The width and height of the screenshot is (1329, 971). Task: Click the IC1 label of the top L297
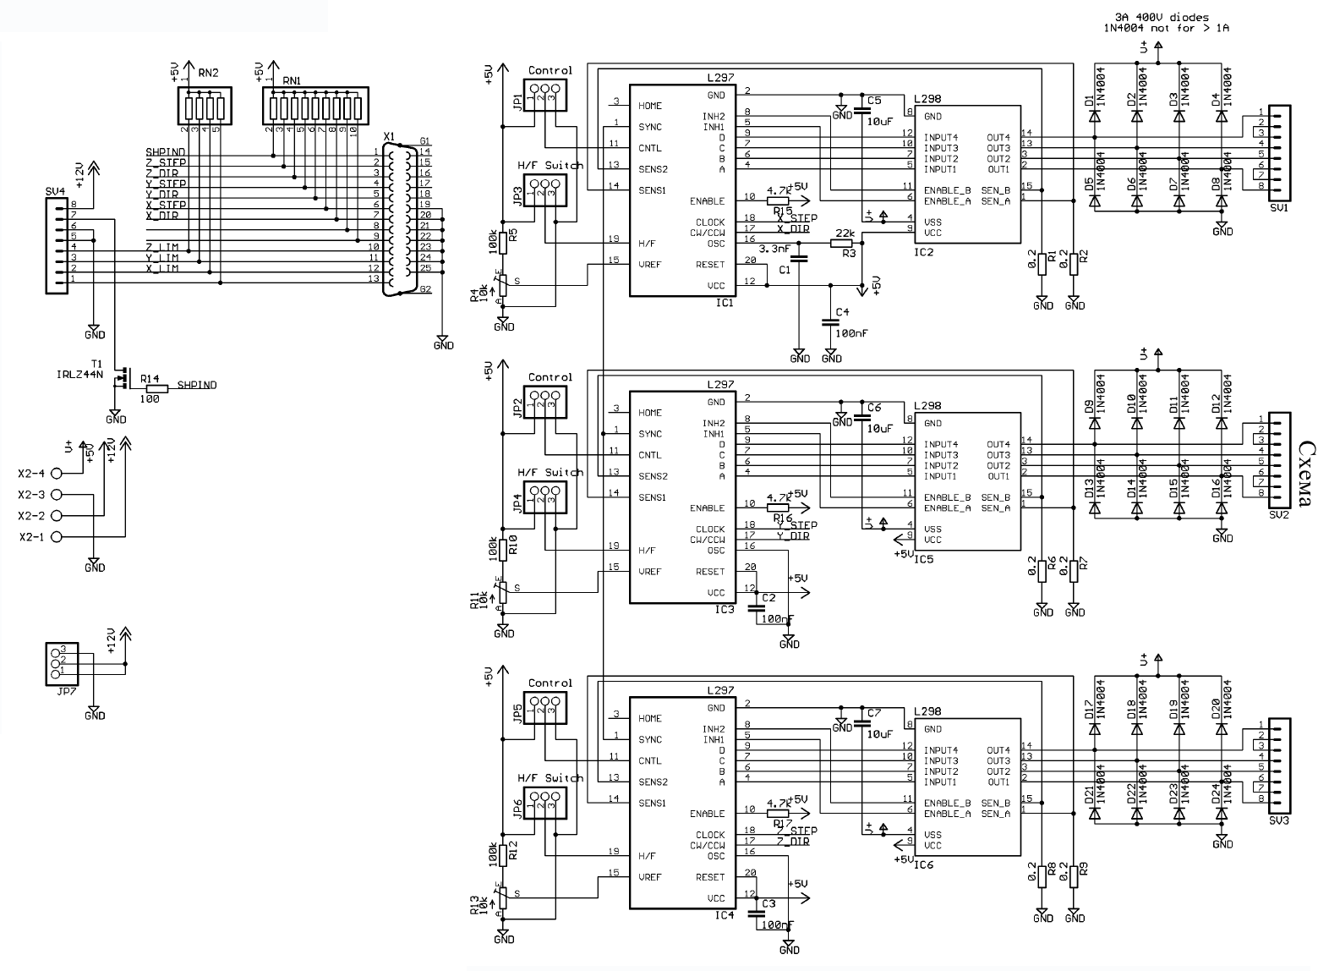[725, 302]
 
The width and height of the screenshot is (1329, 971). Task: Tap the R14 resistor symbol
[156, 388]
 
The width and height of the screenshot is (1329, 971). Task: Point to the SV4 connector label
[55, 191]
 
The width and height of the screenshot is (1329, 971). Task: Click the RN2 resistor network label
[208, 74]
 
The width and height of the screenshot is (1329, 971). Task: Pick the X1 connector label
[389, 135]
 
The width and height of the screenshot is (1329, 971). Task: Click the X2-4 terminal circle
[57, 474]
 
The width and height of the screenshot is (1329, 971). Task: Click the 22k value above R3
[844, 233]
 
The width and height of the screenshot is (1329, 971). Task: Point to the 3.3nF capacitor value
[776, 249]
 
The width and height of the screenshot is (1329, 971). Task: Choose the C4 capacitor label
[842, 312]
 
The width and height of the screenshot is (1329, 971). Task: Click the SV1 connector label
[1278, 207]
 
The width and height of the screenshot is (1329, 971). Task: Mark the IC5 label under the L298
[923, 559]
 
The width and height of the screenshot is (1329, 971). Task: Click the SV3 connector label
[1278, 820]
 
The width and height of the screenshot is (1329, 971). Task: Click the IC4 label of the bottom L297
[725, 915]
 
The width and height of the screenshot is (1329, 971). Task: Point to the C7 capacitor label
[873, 713]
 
